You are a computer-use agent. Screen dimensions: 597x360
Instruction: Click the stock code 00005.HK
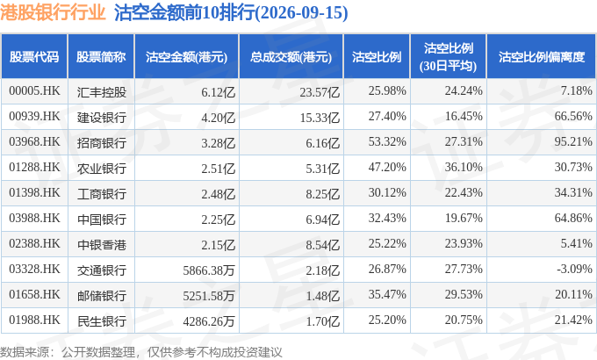[x=34, y=91]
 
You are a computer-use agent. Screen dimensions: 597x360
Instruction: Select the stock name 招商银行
[x=101, y=143]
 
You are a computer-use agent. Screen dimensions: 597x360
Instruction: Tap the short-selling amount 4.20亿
[x=218, y=118]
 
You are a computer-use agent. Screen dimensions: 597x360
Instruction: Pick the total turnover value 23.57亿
[x=320, y=92]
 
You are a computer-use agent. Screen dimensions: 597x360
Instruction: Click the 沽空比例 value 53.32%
[x=387, y=141]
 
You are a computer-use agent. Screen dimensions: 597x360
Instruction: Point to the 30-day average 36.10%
[x=464, y=167]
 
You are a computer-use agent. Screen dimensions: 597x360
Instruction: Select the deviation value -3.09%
[x=574, y=269]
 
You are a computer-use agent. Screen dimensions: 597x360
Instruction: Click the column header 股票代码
[x=34, y=57]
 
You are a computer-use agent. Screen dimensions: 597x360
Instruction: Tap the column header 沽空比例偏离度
[x=542, y=57]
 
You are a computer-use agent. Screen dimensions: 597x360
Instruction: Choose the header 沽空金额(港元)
[x=186, y=57]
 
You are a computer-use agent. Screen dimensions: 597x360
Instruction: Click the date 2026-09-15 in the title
[x=301, y=13]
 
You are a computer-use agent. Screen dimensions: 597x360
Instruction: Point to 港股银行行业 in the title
[x=53, y=12]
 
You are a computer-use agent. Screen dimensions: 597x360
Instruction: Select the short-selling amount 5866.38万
[x=209, y=270]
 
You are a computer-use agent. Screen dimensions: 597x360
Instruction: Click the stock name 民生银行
[x=101, y=321]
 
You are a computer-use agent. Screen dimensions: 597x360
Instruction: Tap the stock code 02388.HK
[x=34, y=244]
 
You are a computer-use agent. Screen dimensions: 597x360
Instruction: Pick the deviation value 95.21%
[x=573, y=141]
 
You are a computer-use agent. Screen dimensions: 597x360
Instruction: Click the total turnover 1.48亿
[x=322, y=296]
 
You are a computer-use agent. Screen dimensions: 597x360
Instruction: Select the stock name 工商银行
[x=101, y=194]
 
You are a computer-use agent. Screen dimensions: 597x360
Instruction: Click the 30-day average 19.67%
[x=464, y=219]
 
